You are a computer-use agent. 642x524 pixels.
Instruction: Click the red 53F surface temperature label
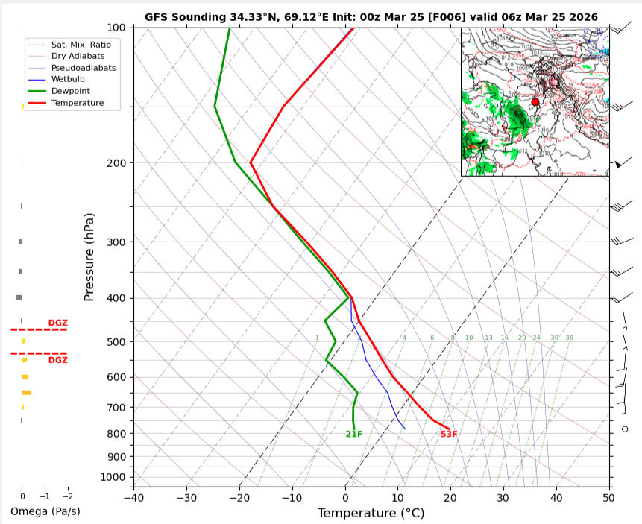coord(448,434)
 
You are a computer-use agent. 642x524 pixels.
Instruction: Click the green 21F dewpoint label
coord(353,434)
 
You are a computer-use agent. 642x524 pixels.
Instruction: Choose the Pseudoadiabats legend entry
coord(82,67)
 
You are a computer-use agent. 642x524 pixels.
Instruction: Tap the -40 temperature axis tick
coord(133,497)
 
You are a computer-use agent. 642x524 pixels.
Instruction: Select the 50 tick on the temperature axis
coord(608,497)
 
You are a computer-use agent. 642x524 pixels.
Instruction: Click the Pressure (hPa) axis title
coord(89,256)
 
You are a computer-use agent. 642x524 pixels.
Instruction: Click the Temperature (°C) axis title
coord(371,513)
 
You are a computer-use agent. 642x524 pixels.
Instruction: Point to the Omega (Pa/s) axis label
coord(45,511)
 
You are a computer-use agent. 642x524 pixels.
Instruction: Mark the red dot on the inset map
coord(535,102)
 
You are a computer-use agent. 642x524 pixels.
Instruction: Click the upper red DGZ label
coord(57,323)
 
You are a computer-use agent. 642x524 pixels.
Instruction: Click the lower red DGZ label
coord(57,360)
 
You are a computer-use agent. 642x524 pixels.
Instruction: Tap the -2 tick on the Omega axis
coord(67,496)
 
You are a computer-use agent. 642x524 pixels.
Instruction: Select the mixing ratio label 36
coord(569,338)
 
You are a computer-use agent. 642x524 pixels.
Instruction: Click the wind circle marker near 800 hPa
coord(625,429)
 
